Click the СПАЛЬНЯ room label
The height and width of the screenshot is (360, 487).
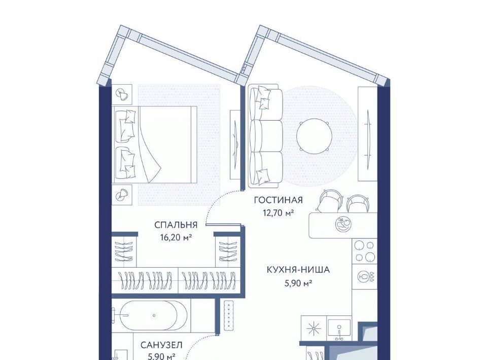pyautogui.click(x=176, y=225)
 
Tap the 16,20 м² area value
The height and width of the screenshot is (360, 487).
pyautogui.click(x=176, y=238)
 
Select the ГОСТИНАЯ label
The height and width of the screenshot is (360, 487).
pyautogui.click(x=279, y=200)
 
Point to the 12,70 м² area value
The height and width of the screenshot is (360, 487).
pyautogui.click(x=279, y=213)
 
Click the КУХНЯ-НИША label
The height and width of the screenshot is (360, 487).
pyautogui.click(x=298, y=270)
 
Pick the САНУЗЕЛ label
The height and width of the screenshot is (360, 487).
pyautogui.click(x=161, y=345)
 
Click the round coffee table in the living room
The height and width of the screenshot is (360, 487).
pyautogui.click(x=315, y=136)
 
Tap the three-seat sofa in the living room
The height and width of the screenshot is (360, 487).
pyautogui.click(x=265, y=136)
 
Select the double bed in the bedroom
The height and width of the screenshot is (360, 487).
pyautogui.click(x=156, y=145)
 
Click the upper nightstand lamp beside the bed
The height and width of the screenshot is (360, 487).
pyautogui.click(x=121, y=93)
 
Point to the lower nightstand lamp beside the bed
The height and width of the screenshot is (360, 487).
pyautogui.click(x=121, y=195)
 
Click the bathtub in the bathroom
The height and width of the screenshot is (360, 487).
pyautogui.click(x=153, y=315)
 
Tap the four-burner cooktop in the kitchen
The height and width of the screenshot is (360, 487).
pyautogui.click(x=365, y=251)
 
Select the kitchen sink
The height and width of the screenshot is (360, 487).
pyautogui.click(x=339, y=329)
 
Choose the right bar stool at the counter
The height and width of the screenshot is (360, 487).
pyautogui.click(x=358, y=203)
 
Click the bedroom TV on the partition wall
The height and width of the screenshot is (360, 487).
pyautogui.click(x=236, y=145)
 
